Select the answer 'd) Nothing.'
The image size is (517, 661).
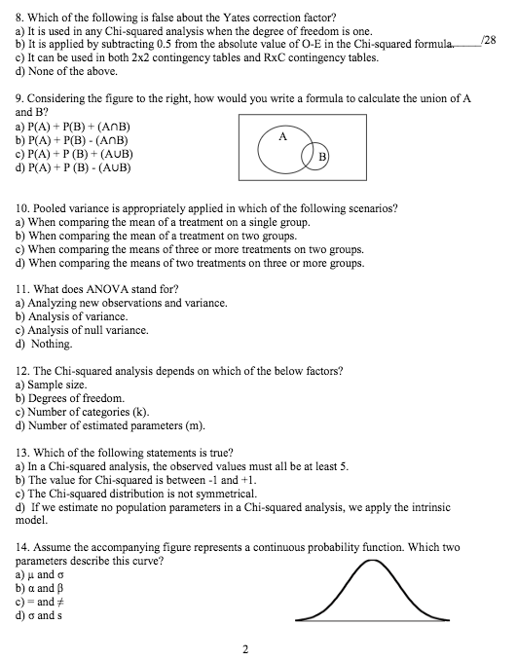point(44,344)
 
